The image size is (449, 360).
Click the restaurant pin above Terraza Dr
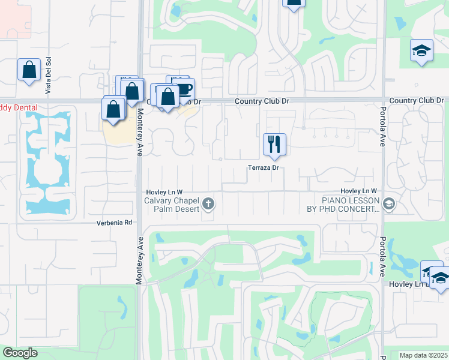click(274, 145)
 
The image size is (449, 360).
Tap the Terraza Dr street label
click(264, 168)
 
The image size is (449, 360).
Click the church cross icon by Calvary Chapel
click(208, 204)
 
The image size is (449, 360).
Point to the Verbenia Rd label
click(114, 223)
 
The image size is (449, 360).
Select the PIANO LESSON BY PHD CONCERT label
click(343, 205)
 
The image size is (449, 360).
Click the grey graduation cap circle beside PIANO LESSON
click(388, 205)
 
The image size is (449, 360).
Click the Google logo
click(20, 353)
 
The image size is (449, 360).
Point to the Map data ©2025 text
click(423, 355)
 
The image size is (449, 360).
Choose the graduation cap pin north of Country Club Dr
click(421, 51)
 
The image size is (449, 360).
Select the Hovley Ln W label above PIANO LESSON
click(358, 190)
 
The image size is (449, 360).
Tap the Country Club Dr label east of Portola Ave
click(416, 100)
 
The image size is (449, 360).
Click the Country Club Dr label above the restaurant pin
click(262, 101)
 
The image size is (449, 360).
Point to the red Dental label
click(19, 108)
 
